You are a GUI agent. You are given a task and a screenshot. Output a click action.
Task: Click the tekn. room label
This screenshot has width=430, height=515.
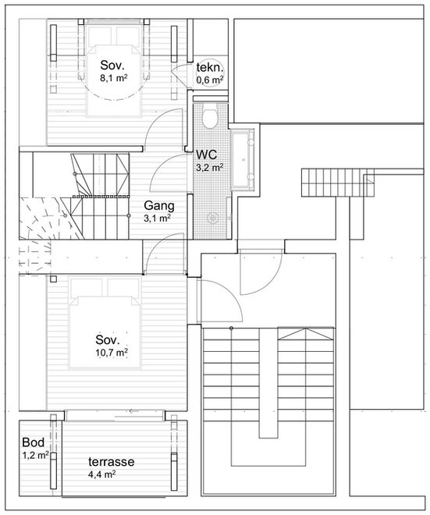pyautogui.click(x=210, y=67)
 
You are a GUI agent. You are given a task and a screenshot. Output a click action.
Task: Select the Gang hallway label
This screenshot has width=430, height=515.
pyautogui.click(x=159, y=206)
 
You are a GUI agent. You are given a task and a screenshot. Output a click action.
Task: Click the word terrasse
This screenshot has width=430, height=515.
pyautogui.click(x=112, y=461)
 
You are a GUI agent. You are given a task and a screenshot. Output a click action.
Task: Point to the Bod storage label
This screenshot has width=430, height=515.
pyautogui.click(x=34, y=442)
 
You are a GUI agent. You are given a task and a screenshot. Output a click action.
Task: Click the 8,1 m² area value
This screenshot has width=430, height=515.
pyautogui.click(x=114, y=78)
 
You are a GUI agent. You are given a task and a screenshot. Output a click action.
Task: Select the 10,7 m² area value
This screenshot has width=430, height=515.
pyautogui.click(x=112, y=353)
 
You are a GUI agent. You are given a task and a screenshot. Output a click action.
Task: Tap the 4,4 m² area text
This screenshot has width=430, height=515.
pyautogui.click(x=101, y=474)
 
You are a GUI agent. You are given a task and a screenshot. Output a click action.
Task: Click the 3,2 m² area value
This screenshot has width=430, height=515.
pyautogui.click(x=210, y=168)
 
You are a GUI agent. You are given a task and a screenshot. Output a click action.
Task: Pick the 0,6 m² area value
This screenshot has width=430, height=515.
pyautogui.click(x=210, y=79)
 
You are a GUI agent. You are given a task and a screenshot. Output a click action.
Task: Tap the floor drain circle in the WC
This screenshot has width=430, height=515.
pyautogui.click(x=213, y=218)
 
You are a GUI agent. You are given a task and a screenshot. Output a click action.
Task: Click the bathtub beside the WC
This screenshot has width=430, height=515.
pyautogui.click(x=243, y=160)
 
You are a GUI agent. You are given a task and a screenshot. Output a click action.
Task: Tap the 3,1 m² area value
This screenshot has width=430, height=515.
pyautogui.click(x=157, y=218)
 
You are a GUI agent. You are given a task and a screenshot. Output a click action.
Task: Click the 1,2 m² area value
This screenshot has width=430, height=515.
pyautogui.click(x=35, y=455)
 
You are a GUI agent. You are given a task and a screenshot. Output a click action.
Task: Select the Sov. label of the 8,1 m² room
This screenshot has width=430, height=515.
pyautogui.click(x=112, y=65)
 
